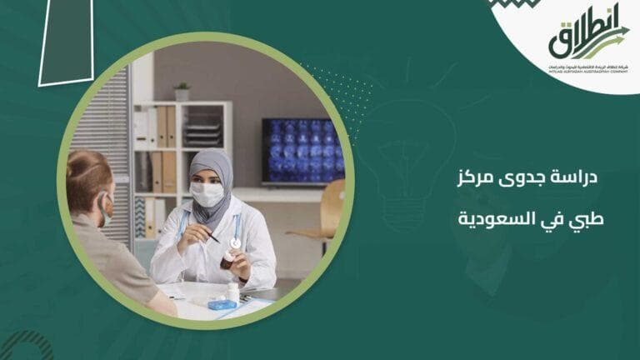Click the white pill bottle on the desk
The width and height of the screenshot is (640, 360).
(233, 292)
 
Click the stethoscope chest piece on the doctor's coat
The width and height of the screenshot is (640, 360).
(236, 242)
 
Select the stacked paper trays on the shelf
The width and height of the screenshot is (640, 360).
(202, 133)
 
